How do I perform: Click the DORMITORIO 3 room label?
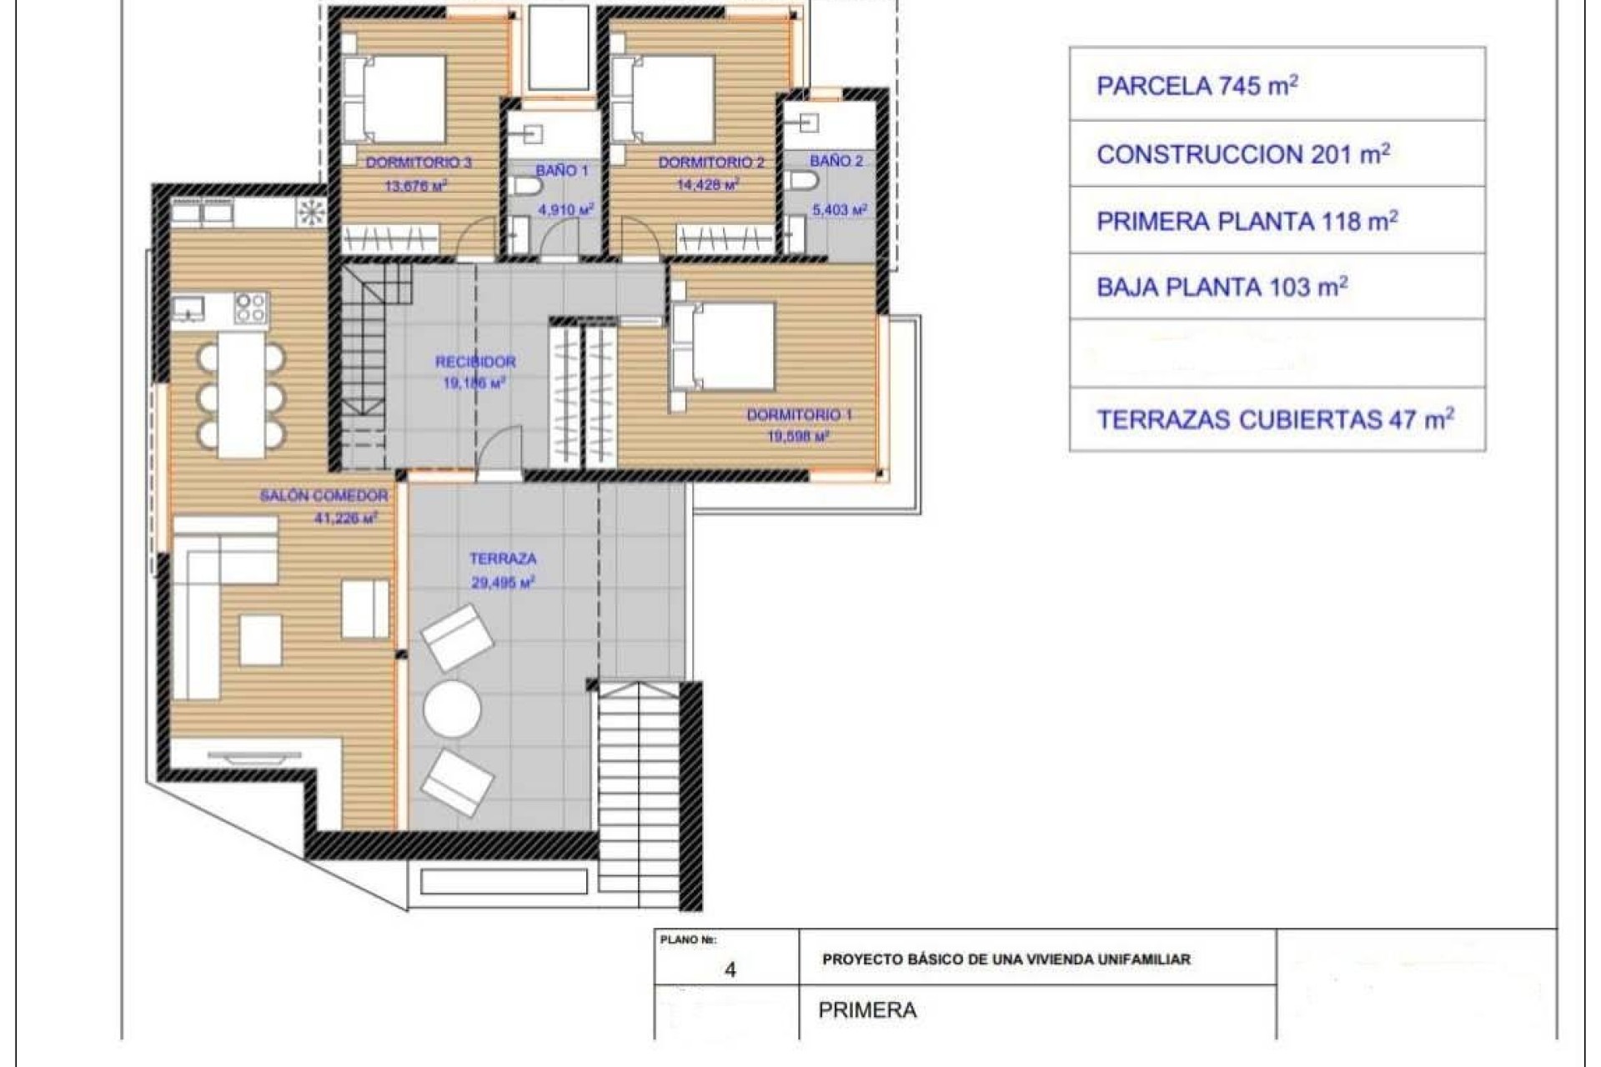point(419,163)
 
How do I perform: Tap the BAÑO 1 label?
point(561,171)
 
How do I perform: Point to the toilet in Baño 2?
point(802,181)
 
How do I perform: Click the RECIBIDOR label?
point(475,362)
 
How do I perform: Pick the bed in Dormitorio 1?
point(724,347)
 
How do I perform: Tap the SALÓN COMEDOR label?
point(324,496)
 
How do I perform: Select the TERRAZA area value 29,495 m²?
point(503,583)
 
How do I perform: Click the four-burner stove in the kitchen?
point(251,308)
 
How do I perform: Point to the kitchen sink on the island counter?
point(190,308)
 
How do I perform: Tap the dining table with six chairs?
point(241,395)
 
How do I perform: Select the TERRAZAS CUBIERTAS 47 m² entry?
point(1277,419)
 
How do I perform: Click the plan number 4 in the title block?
point(730,970)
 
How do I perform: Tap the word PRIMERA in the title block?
point(867,1010)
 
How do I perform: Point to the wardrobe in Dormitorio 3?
point(390,240)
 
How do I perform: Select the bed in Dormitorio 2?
point(665,98)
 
